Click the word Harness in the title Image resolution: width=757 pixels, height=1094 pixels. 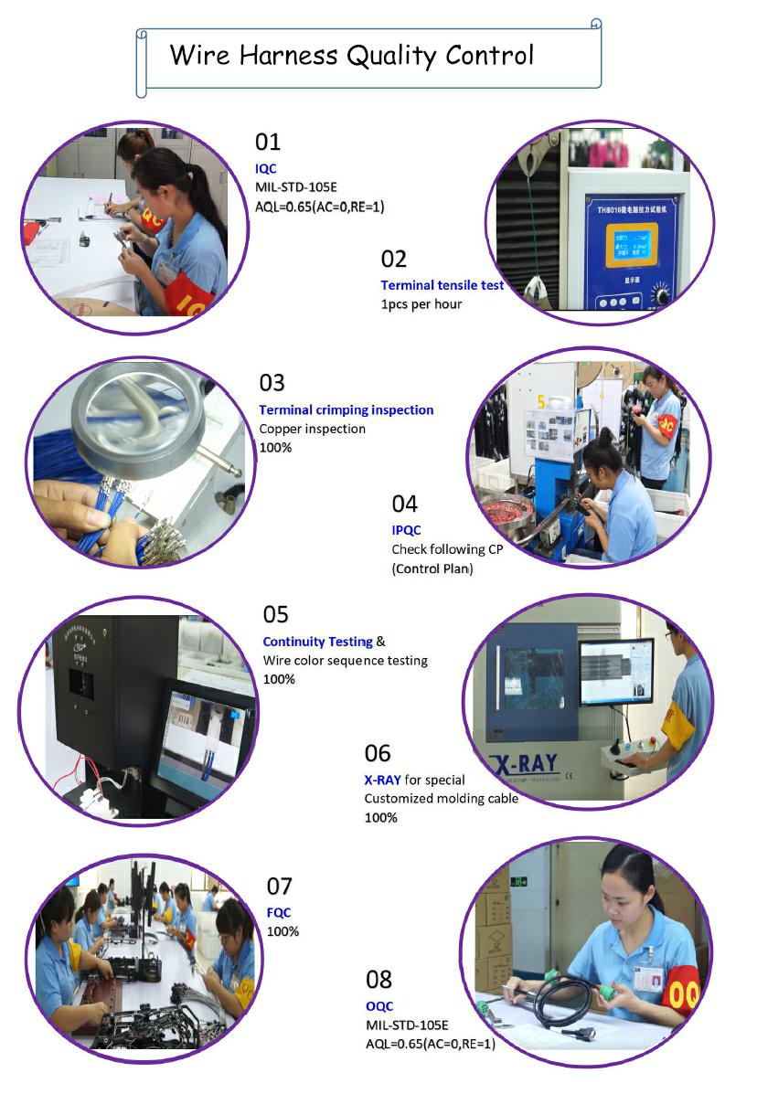pyautogui.click(x=288, y=55)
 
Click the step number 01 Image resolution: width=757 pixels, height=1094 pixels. pyautogui.click(x=268, y=142)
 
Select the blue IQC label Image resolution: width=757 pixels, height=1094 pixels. pyautogui.click(x=266, y=169)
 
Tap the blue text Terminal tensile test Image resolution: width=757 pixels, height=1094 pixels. pyautogui.click(x=442, y=284)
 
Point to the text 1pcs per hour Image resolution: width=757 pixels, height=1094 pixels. pyautogui.click(x=421, y=304)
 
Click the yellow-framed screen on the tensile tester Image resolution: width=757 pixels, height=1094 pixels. pyautogui.click(x=632, y=245)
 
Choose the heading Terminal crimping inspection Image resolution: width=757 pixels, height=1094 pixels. pyautogui.click(x=347, y=409)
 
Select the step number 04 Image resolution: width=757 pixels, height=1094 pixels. pyautogui.click(x=405, y=504)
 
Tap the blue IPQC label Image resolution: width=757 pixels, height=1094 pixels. pyautogui.click(x=406, y=530)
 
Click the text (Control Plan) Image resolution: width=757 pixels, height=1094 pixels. pyautogui.click(x=432, y=568)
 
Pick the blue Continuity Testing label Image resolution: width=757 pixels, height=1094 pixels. pyautogui.click(x=318, y=642)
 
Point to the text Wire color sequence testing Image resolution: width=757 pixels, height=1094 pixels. pyautogui.click(x=346, y=661)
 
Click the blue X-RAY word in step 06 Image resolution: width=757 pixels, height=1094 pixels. pyautogui.click(x=382, y=780)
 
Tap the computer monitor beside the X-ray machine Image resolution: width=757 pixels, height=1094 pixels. pyautogui.click(x=617, y=671)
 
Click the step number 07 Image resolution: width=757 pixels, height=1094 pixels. pyautogui.click(x=279, y=887)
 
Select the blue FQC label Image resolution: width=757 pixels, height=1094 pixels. pyautogui.click(x=278, y=913)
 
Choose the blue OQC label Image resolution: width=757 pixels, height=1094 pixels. pyautogui.click(x=379, y=1006)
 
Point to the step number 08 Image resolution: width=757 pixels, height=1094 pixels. pyautogui.click(x=378, y=980)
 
